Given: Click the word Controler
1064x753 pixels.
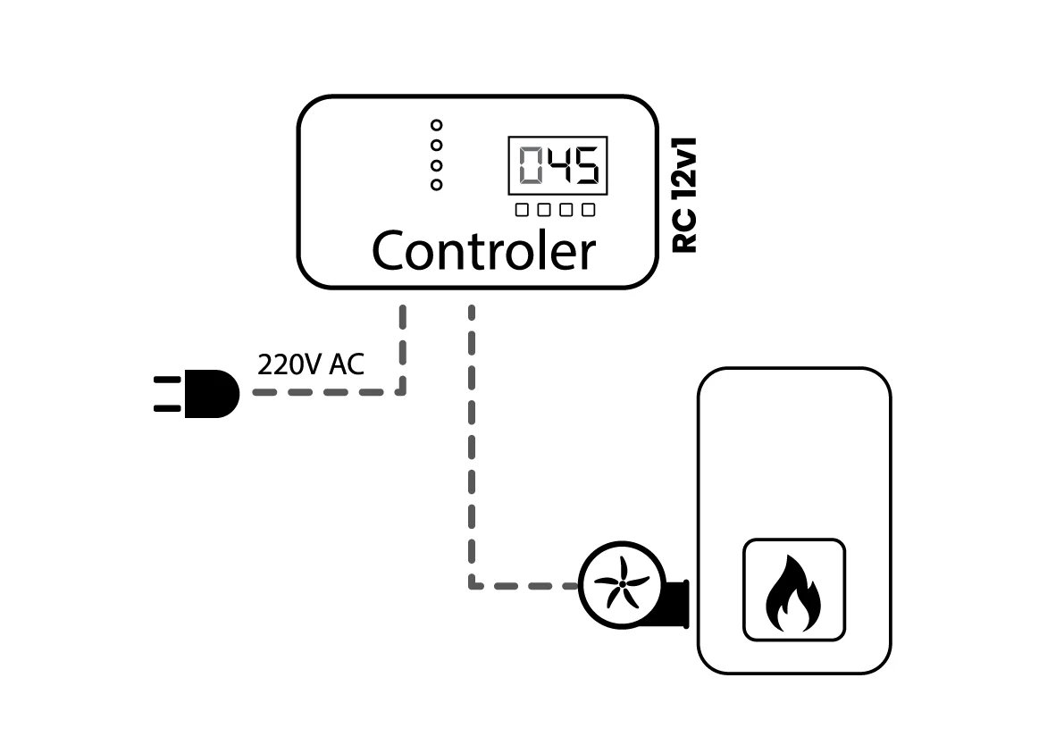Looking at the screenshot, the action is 484,250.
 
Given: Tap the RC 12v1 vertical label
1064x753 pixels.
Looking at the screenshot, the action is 684,196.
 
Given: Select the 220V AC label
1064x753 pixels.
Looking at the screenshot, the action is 311,364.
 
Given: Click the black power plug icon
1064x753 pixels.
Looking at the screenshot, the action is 197,393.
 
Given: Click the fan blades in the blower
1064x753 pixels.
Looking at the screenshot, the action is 621,585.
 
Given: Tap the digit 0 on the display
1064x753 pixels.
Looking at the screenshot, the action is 532,165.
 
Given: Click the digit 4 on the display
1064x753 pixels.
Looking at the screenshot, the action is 558,165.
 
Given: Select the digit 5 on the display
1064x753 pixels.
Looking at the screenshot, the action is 586,165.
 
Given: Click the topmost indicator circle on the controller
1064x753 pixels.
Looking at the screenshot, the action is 436,125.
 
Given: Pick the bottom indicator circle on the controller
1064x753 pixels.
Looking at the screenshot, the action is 436,185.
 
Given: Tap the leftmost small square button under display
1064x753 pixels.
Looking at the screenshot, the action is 522,210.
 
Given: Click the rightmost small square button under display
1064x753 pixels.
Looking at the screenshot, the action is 589,210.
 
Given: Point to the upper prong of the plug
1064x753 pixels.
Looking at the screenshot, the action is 168,380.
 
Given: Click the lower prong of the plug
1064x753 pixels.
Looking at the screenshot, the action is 168,407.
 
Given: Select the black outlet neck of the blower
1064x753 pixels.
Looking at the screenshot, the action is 677,603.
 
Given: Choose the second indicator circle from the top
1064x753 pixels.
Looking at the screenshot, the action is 436,145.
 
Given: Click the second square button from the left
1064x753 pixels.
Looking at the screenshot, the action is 543,210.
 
